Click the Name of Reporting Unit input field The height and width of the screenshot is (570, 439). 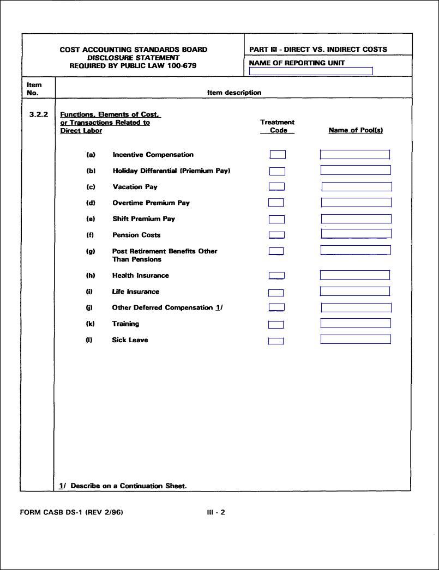click(311, 71)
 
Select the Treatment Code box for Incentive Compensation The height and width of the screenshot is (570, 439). click(278, 155)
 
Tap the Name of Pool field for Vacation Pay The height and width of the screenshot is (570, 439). click(357, 187)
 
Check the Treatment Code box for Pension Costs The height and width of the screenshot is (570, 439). click(276, 235)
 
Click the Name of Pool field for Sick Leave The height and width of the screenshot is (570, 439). click(356, 339)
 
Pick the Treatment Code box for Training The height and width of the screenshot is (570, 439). click(276, 325)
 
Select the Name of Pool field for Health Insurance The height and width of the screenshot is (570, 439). click(355, 275)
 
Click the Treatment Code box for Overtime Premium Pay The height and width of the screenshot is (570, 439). click(276, 203)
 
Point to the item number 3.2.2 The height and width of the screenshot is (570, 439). click(38, 115)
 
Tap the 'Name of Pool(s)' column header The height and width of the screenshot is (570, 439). click(356, 131)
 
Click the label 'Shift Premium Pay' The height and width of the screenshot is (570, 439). click(143, 219)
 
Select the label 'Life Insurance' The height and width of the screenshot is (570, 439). click(136, 292)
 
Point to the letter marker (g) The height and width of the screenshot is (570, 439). click(91, 251)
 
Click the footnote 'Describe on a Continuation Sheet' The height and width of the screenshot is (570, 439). click(128, 486)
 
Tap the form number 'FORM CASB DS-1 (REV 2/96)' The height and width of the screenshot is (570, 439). click(67, 513)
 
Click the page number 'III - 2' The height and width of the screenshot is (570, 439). click(216, 513)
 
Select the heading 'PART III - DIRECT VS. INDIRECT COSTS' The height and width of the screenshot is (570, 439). click(318, 50)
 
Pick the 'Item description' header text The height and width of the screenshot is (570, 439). click(234, 93)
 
